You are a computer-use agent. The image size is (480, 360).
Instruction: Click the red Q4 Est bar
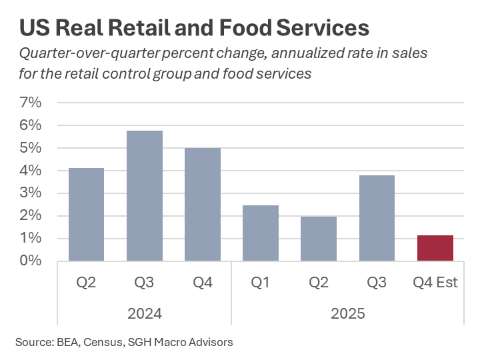point(435,248)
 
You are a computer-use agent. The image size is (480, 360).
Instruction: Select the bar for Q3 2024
point(144,196)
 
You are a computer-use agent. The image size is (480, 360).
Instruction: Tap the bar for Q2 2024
point(86,215)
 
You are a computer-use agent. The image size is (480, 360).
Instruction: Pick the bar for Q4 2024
point(202,205)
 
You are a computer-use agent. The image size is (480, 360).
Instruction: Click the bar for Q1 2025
point(260,233)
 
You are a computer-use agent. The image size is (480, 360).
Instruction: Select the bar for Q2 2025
point(319,239)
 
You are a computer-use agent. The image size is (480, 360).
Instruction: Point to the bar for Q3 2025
point(377,218)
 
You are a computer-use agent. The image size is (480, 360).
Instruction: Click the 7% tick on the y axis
point(31,103)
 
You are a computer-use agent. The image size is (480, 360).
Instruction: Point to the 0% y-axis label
point(31,261)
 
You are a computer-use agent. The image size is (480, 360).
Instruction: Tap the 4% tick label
point(31,171)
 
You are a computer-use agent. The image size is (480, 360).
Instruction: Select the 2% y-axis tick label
point(31,216)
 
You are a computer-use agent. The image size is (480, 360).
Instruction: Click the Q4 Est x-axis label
point(435,283)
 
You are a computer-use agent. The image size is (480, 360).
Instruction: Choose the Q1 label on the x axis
point(260,283)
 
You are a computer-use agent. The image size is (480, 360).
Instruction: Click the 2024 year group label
point(144,313)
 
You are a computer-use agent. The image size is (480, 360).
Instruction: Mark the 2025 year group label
point(347,313)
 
